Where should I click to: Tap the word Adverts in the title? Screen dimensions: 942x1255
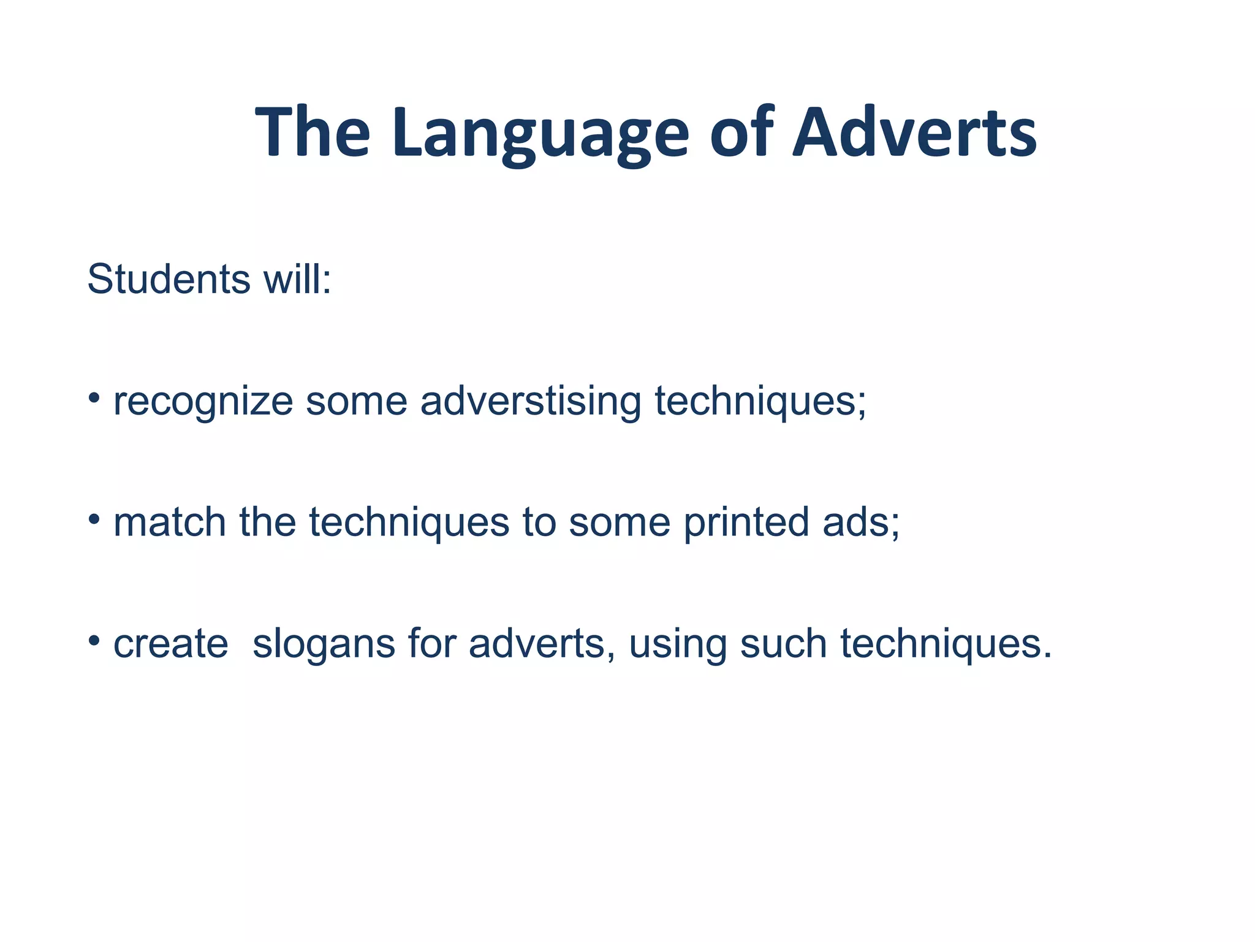(914, 134)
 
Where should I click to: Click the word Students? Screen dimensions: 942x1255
(169, 280)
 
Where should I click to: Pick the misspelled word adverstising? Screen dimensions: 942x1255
(531, 402)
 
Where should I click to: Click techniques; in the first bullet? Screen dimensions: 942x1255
(760, 402)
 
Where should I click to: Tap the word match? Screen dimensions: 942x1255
(170, 523)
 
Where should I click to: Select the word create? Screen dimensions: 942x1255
(171, 644)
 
